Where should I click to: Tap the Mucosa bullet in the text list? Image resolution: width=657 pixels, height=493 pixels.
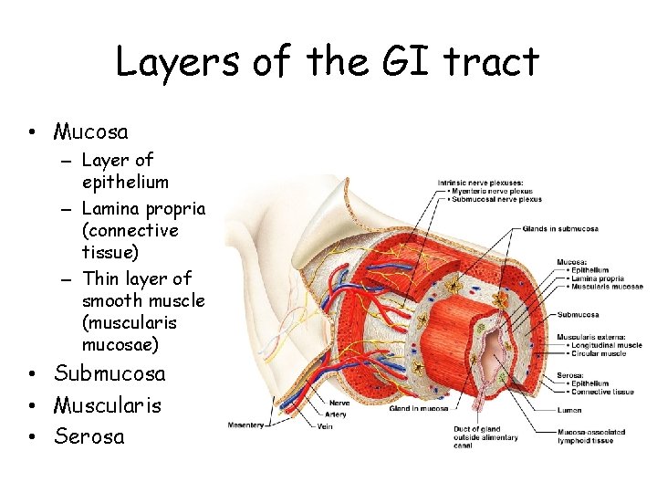[x=90, y=131]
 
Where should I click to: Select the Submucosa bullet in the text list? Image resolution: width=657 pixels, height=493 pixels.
[x=109, y=373]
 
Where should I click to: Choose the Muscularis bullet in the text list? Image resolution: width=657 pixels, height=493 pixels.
[x=107, y=404]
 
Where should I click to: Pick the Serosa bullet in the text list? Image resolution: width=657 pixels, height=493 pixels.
[x=89, y=435]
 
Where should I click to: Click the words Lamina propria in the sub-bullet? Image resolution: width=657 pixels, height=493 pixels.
[x=143, y=209]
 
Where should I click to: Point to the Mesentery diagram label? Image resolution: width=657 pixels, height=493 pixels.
[x=246, y=425]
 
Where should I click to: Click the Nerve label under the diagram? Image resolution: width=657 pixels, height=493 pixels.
[x=339, y=402]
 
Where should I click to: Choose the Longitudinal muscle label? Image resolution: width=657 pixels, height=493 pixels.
[x=607, y=345]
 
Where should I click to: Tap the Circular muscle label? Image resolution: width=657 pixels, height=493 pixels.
[x=599, y=353]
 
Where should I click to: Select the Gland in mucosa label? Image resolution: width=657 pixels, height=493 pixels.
[x=416, y=409]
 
